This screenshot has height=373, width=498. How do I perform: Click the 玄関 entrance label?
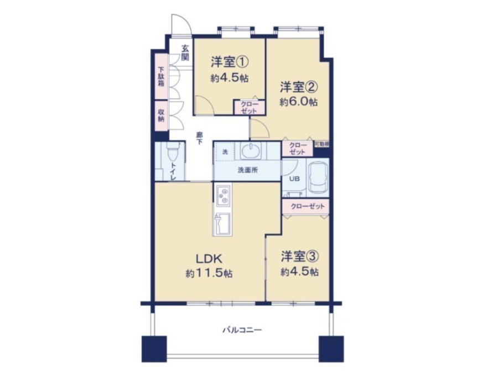[185, 53]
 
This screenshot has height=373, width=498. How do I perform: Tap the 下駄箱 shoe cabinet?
[162, 76]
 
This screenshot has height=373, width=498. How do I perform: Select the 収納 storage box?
[162, 115]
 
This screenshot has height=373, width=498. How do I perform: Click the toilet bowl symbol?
[173, 152]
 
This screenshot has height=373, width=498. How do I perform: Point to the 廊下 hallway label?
[199, 138]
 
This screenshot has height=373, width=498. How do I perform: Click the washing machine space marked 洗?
[225, 151]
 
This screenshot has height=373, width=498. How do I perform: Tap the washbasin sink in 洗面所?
[251, 150]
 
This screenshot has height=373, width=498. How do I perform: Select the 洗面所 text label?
[248, 170]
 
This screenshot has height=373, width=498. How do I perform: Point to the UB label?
[294, 178]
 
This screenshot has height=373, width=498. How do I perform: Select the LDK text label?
[209, 259]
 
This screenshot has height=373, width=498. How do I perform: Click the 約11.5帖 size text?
[209, 273]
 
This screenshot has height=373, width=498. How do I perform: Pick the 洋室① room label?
[230, 62]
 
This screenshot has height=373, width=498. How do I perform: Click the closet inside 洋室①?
[250, 107]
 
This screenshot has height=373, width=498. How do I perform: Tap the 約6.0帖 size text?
[299, 102]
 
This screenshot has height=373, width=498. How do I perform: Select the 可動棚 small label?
[321, 144]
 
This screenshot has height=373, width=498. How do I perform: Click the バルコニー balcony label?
[242, 330]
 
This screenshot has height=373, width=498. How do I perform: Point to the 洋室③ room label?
[299, 257]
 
